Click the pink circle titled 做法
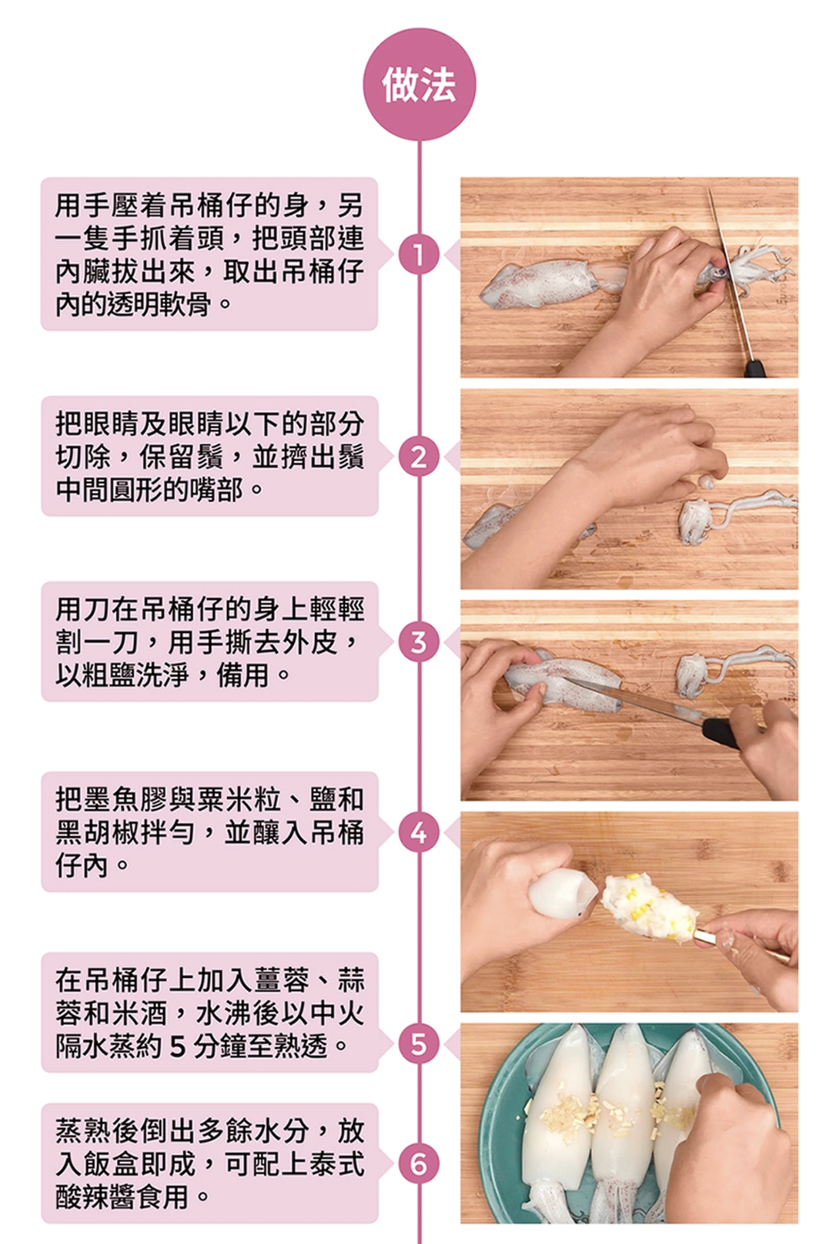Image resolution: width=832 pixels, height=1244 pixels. click(x=419, y=85)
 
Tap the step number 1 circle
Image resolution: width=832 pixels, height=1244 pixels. click(x=418, y=254)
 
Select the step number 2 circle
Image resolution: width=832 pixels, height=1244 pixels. click(x=418, y=457)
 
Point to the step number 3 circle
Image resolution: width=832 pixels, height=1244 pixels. click(x=418, y=642)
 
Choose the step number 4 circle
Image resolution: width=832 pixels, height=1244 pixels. click(x=418, y=833)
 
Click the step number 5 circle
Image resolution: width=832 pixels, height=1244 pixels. click(x=418, y=1043)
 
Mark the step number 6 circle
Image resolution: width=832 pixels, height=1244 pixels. click(x=418, y=1163)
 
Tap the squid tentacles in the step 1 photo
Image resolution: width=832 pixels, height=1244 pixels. click(x=756, y=267)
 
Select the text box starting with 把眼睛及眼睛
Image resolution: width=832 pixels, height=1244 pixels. click(x=209, y=456)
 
